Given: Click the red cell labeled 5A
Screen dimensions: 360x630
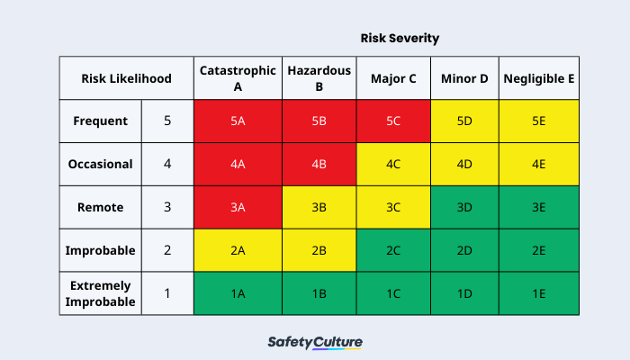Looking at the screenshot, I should [238, 121].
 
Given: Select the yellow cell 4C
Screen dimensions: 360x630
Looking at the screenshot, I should [392, 165].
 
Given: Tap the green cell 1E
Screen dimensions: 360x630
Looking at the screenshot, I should [538, 293].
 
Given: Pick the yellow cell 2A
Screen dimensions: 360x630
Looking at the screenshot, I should [238, 250].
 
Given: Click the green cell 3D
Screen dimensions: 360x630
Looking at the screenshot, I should [464, 207].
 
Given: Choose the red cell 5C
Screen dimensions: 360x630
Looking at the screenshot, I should [392, 121].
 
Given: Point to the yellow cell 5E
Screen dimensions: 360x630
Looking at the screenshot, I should [538, 121].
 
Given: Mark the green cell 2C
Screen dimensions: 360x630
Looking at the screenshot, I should [392, 250].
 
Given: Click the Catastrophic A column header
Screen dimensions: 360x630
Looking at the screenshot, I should [238, 78].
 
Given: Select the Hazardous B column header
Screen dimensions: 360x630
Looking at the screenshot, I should [319, 78].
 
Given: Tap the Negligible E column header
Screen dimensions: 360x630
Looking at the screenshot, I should [538, 78].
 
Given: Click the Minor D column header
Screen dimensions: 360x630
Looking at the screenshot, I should [464, 78].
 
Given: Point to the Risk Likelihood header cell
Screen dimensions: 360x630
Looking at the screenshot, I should [126, 78].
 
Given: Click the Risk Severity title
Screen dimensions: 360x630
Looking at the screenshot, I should [400, 38].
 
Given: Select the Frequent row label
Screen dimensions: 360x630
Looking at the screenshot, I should [100, 121].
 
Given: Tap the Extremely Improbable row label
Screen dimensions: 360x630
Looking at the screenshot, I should [100, 293].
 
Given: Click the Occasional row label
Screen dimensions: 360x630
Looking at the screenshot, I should [100, 165].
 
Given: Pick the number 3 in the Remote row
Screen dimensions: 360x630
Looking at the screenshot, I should [167, 207].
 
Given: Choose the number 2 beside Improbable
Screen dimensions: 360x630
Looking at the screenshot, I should [167, 250].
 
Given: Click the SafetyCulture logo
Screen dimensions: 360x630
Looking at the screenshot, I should [315, 343].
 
